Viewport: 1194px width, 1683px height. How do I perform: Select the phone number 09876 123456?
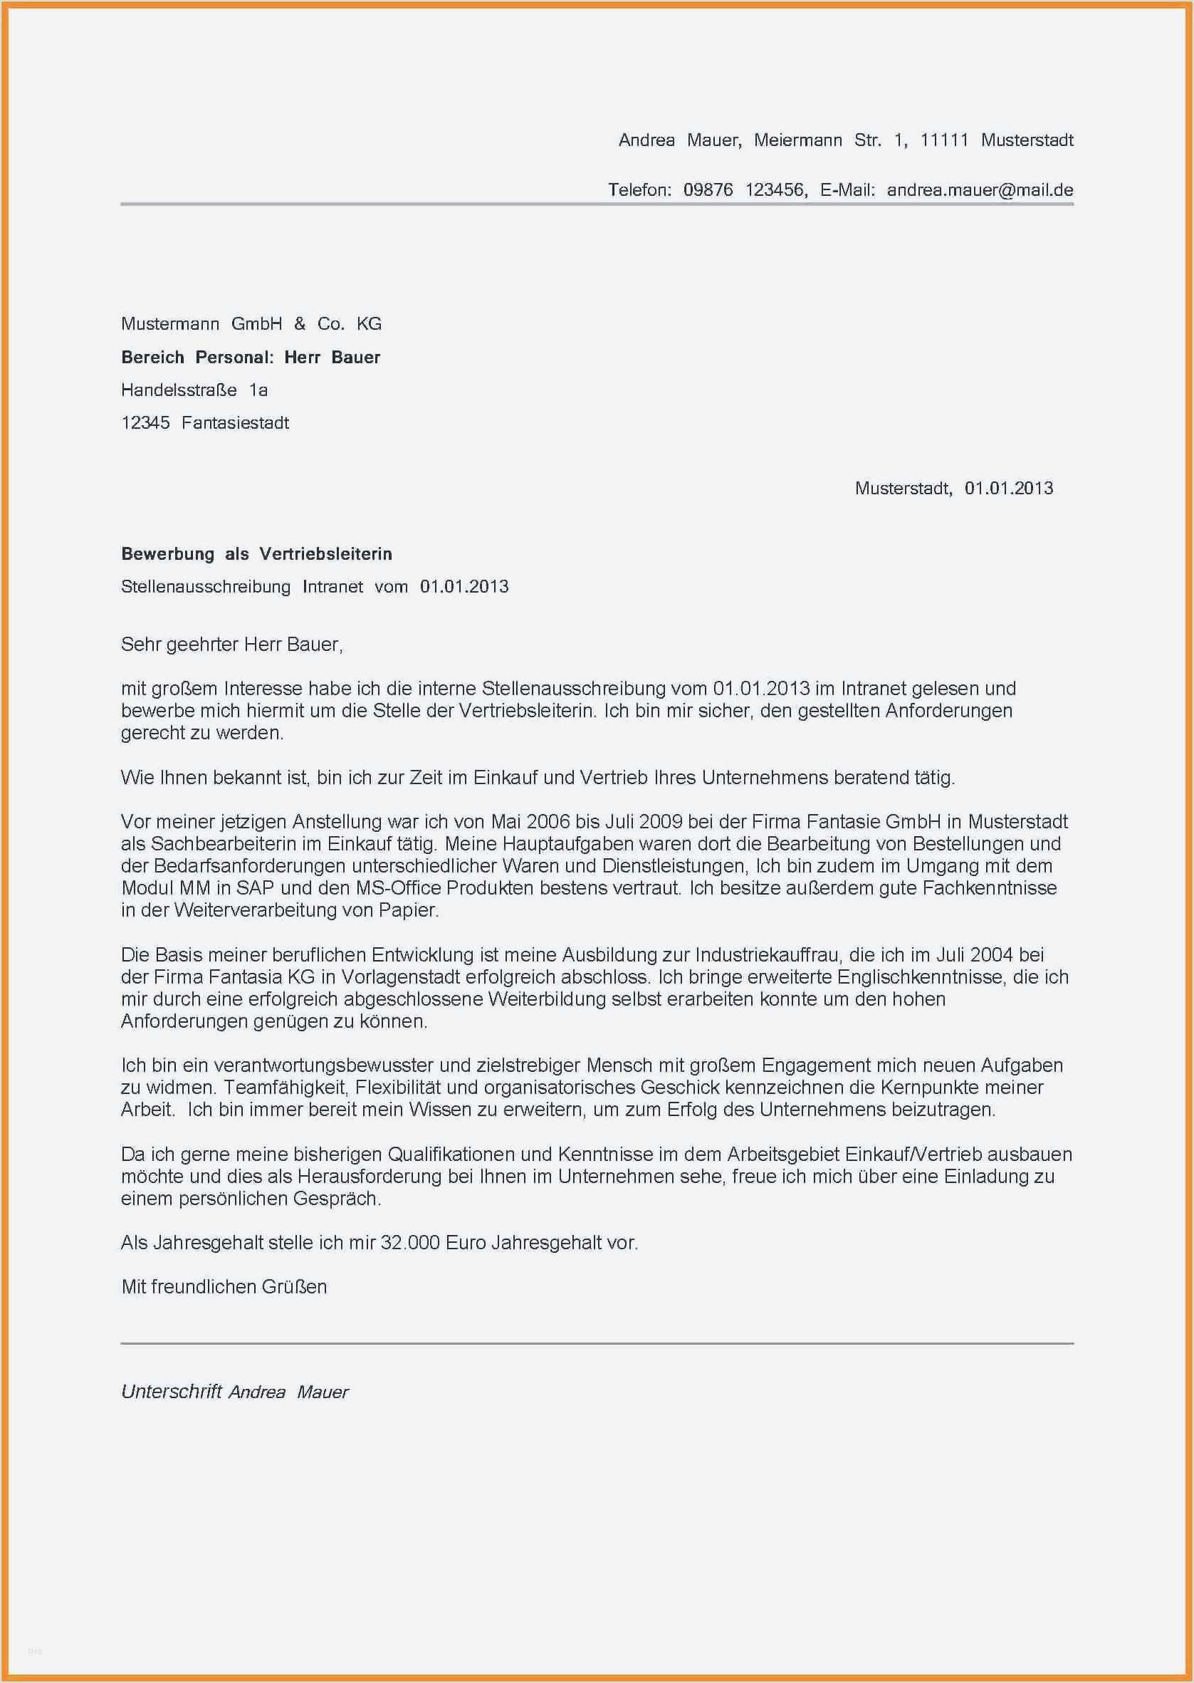click(x=744, y=189)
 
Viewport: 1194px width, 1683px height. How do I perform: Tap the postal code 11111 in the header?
click(x=944, y=140)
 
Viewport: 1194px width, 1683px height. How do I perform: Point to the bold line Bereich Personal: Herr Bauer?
click(x=251, y=358)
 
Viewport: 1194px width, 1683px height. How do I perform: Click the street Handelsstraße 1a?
click(x=194, y=390)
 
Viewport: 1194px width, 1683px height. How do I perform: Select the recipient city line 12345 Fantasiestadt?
click(x=205, y=423)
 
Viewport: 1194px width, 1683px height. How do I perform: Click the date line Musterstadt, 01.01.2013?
click(x=953, y=488)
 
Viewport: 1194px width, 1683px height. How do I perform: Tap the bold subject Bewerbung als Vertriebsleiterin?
click(x=256, y=553)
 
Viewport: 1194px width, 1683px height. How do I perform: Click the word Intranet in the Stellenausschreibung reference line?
click(x=332, y=587)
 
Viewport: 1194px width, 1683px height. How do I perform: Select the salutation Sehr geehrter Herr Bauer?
click(x=231, y=645)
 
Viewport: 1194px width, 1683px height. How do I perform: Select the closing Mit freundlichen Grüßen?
click(x=224, y=1287)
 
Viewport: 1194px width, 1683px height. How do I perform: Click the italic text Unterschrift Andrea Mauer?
click(x=234, y=1392)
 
